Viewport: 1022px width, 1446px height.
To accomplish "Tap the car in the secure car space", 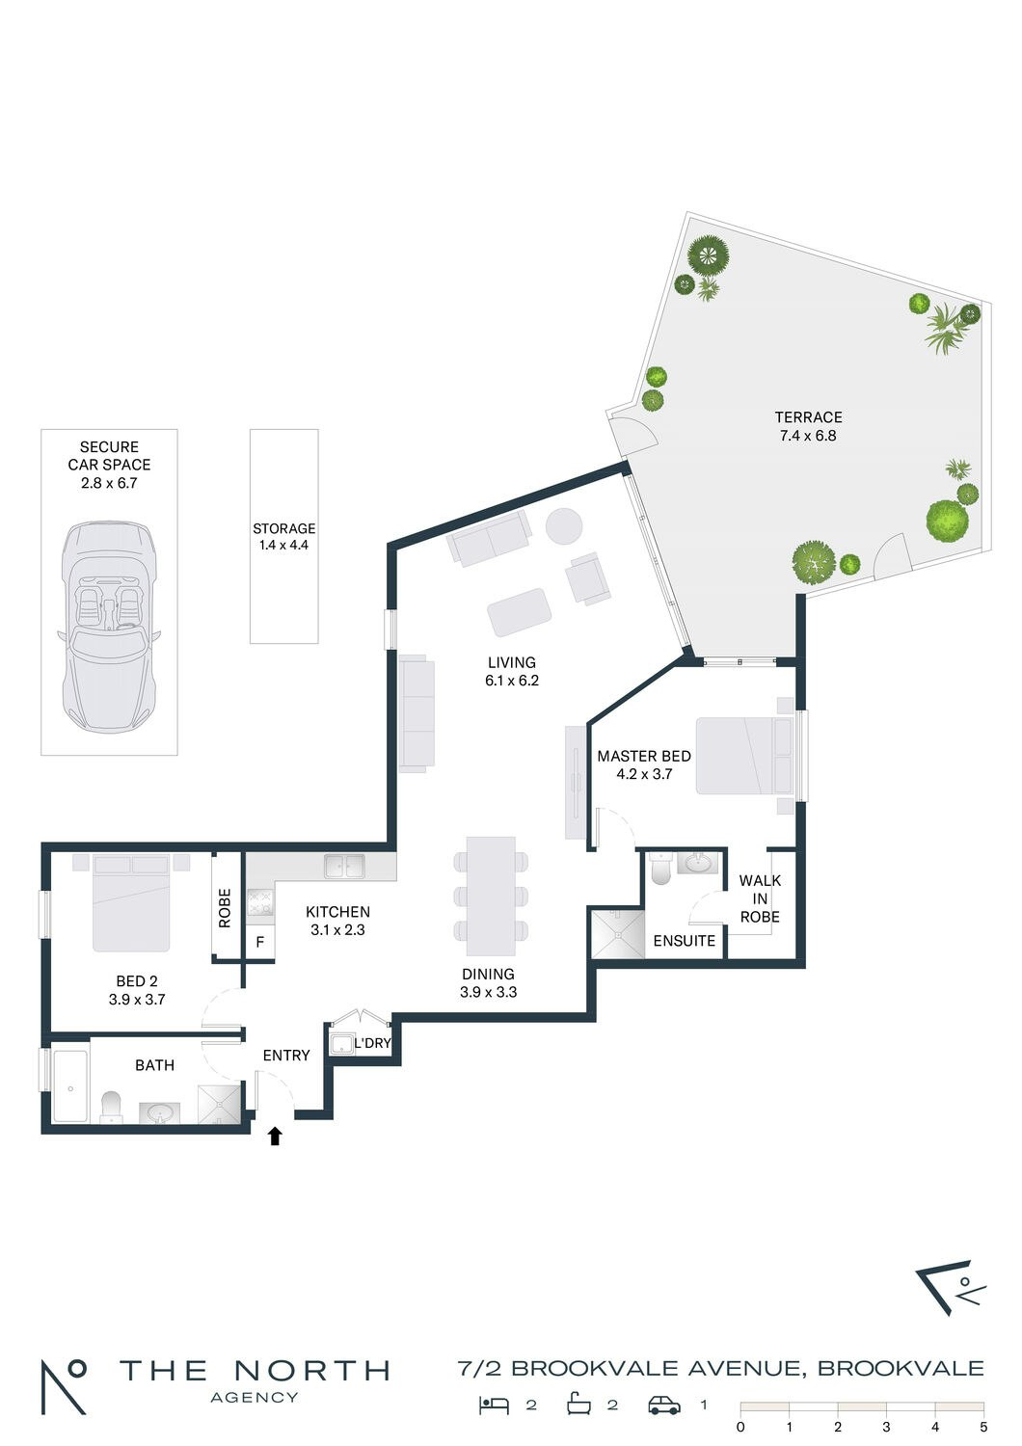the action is pos(109,627).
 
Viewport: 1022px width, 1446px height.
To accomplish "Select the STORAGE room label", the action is pos(284,528).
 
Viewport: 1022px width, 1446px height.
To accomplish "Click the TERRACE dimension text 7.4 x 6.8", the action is pos(808,436).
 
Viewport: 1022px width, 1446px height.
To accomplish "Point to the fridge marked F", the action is pos(260,942).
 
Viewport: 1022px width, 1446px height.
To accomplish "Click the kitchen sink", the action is pos(345,866).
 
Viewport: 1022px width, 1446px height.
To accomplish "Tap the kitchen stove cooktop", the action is pos(260,901).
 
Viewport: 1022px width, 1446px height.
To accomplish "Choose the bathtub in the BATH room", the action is pos(70,1086).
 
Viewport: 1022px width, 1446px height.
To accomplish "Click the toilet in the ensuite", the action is pos(662,869).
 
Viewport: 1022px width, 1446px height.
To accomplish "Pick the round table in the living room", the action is pos(564,526).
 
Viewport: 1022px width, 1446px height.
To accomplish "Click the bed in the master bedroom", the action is pos(743,756).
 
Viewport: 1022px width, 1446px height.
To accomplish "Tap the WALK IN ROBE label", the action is pos(760,898).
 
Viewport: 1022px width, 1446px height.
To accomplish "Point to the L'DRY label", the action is pos(372,1043).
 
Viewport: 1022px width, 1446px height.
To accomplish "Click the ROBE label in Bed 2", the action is pos(225,908).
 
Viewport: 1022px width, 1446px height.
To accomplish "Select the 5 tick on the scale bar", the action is pos(983,1428).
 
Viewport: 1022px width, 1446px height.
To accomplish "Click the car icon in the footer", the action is pos(664,1406).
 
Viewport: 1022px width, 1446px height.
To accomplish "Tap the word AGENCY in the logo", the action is pos(255,1398).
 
